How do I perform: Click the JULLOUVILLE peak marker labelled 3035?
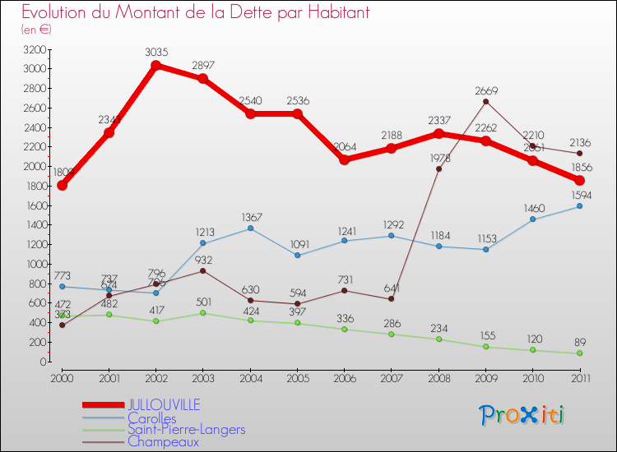click(x=155, y=65)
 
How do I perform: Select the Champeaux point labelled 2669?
click(x=485, y=101)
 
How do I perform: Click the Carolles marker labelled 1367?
click(x=250, y=228)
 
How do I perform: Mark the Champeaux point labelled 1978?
click(x=438, y=168)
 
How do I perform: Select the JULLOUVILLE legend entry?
click(x=163, y=405)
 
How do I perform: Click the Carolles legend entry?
click(x=151, y=417)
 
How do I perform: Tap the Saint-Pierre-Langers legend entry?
click(x=186, y=429)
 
